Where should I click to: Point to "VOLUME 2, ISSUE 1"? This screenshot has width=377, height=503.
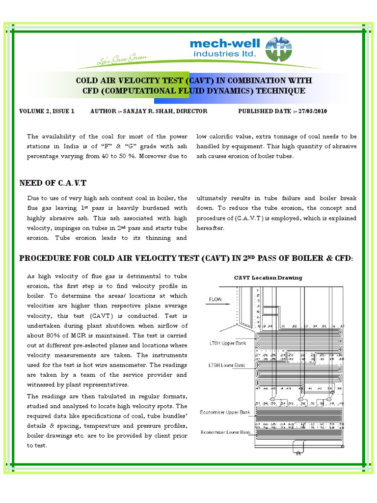[x=47, y=111]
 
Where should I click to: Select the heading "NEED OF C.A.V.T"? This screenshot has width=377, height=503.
[x=53, y=183]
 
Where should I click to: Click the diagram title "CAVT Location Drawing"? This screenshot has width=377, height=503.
[x=268, y=278]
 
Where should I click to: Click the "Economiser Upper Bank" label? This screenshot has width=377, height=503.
[x=225, y=412]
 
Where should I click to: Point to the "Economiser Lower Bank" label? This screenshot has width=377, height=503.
[x=225, y=432]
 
